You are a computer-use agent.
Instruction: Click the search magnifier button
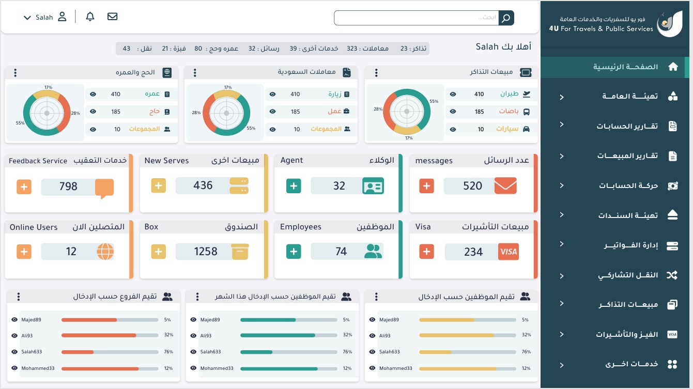506,18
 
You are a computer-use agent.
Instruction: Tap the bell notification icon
90,17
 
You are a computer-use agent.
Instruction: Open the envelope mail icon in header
112,17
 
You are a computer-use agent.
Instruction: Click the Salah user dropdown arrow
27,18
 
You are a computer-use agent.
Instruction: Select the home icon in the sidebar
673,67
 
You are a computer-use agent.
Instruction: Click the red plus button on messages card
426,186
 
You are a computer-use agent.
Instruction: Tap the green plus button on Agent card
294,186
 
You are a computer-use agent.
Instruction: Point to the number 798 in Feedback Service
68,186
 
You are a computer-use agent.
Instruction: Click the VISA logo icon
509,252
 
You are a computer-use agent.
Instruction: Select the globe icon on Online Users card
105,252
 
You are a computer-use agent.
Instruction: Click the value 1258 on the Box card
206,252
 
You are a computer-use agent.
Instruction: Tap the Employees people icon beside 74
373,252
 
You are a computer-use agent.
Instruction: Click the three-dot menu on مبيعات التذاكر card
376,73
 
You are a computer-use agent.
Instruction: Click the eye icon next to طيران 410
453,95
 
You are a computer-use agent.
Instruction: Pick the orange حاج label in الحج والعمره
155,112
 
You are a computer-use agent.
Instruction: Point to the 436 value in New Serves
203,185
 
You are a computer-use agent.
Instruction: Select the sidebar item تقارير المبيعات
627,156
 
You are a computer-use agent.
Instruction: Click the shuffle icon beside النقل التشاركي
672,275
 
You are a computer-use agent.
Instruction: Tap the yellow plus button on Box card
158,252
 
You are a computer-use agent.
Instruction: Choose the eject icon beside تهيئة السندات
672,215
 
